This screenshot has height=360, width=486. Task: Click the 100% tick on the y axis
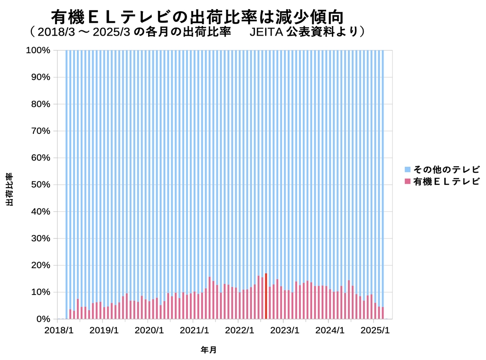pos(37,50)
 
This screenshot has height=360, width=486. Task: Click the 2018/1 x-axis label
pos(58,330)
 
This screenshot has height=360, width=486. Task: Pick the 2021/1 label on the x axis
pos(194,330)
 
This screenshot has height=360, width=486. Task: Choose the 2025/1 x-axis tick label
pos(374,330)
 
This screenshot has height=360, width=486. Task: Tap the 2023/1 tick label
pos(284,330)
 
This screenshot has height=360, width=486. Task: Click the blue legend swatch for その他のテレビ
pos(407,170)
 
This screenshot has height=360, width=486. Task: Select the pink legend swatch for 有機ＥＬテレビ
pos(407,181)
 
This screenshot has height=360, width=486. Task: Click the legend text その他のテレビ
pos(447,170)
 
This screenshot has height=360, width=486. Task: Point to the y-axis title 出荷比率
pos(9,189)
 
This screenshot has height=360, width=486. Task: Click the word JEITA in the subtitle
pos(266,32)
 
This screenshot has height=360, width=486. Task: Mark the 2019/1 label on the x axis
pos(103,330)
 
